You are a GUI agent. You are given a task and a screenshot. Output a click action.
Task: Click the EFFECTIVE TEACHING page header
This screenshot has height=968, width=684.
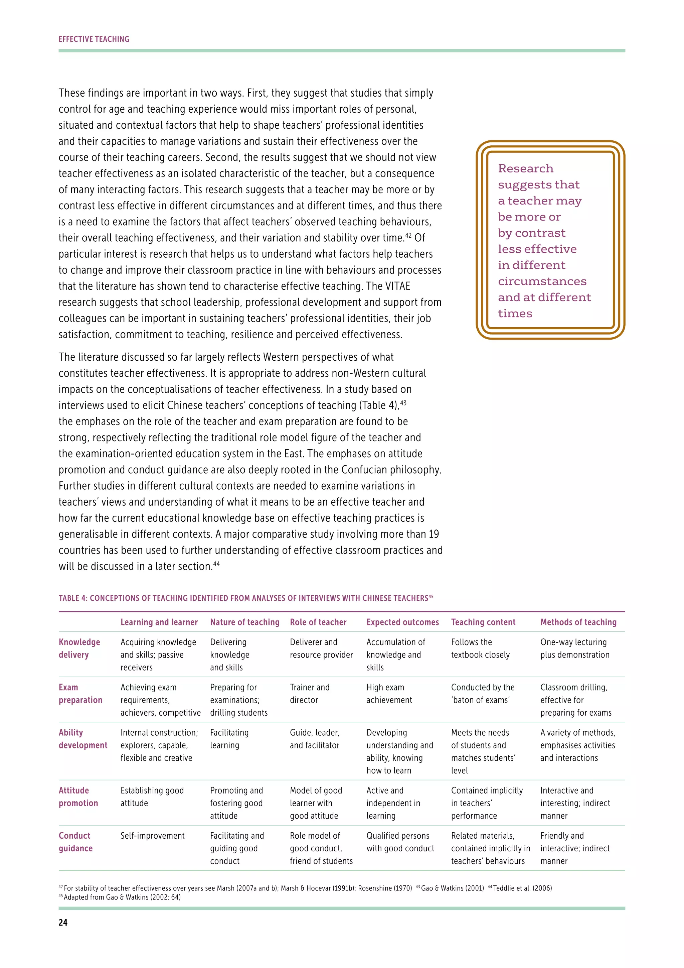click(94, 39)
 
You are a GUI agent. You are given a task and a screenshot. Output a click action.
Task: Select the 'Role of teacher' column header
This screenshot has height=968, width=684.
click(318, 622)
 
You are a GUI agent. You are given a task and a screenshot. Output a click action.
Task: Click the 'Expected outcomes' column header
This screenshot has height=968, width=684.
click(402, 622)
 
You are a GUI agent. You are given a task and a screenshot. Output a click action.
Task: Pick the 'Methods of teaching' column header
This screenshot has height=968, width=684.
click(578, 622)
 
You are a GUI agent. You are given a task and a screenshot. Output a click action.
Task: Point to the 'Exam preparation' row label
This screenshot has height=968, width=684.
click(80, 694)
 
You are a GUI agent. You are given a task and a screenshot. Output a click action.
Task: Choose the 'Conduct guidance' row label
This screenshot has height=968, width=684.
click(75, 842)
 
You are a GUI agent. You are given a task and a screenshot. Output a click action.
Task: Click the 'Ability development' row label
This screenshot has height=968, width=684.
click(83, 739)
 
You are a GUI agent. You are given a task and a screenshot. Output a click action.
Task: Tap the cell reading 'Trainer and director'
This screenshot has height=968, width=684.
click(310, 694)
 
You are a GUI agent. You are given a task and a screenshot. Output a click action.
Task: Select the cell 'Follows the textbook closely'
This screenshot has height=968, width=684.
click(480, 648)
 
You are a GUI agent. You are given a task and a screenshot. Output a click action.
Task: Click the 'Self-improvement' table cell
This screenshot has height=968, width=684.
click(153, 836)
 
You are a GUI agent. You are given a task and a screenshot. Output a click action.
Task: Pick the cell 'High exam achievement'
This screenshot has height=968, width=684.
click(389, 694)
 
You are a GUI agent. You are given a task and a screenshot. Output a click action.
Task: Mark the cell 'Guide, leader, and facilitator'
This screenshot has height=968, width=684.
click(315, 739)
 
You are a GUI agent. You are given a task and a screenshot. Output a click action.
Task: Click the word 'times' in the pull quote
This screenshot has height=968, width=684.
click(515, 314)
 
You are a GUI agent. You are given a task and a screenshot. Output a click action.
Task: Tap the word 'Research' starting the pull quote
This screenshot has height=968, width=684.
click(526, 169)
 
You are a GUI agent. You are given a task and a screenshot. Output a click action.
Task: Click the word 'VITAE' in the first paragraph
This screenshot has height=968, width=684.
click(397, 286)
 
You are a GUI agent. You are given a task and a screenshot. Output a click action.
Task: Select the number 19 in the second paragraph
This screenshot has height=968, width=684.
click(434, 534)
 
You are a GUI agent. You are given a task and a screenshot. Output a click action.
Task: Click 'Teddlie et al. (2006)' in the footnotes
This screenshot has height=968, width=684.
click(522, 888)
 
